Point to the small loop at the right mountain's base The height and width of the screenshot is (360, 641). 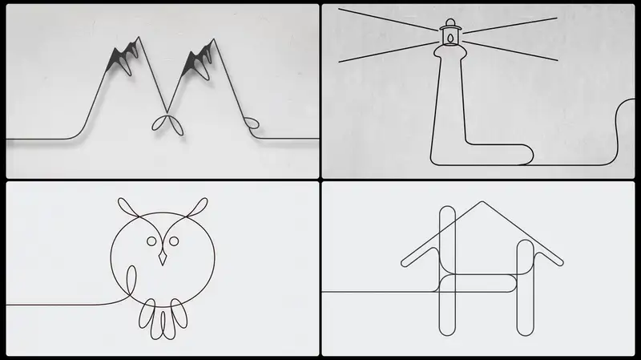point(251,123)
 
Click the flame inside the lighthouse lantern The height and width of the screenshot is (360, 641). point(450,38)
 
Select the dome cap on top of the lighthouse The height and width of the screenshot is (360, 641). point(450,23)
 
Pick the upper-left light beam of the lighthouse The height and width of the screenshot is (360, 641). point(388,19)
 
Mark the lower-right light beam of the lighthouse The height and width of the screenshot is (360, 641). point(510,51)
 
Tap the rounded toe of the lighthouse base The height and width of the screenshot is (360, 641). point(526,154)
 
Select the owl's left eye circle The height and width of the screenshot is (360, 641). point(151,241)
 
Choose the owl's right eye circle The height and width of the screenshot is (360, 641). point(174,241)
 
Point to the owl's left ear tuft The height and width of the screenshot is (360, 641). point(128,207)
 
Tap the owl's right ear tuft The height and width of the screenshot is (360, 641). point(197,207)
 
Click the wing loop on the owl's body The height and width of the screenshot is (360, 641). point(131,280)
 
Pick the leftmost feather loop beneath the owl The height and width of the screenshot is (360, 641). point(147,313)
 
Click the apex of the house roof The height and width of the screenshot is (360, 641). point(482,201)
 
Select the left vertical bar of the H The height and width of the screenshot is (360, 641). point(447,271)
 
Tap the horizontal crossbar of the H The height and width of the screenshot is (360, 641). point(478,283)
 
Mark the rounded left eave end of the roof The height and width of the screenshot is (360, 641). point(405,263)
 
